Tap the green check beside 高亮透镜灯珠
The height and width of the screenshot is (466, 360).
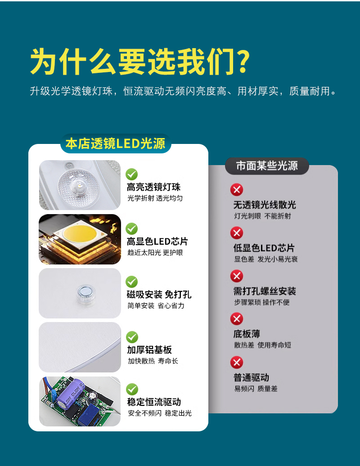click(x=131, y=174)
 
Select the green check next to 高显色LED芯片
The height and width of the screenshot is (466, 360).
click(x=131, y=229)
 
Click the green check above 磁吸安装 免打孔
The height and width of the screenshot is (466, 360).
click(x=131, y=282)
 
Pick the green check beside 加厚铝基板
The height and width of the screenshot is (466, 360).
click(x=132, y=337)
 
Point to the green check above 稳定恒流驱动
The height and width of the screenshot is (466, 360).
click(x=132, y=390)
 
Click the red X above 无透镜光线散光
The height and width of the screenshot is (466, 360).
click(x=237, y=190)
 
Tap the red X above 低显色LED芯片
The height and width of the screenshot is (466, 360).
click(x=237, y=233)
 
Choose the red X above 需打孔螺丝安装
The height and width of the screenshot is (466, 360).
click(x=237, y=276)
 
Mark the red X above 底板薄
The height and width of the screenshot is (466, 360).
click(x=237, y=319)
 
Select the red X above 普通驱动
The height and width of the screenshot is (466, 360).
click(x=237, y=362)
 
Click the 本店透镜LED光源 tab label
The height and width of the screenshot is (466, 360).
click(x=115, y=143)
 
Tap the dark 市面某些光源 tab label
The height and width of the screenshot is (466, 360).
click(x=267, y=166)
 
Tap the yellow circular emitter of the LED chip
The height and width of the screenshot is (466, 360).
click(x=79, y=233)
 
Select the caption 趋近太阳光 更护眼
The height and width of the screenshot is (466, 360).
click(x=155, y=253)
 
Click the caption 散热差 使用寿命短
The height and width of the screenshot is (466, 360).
click(x=262, y=345)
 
